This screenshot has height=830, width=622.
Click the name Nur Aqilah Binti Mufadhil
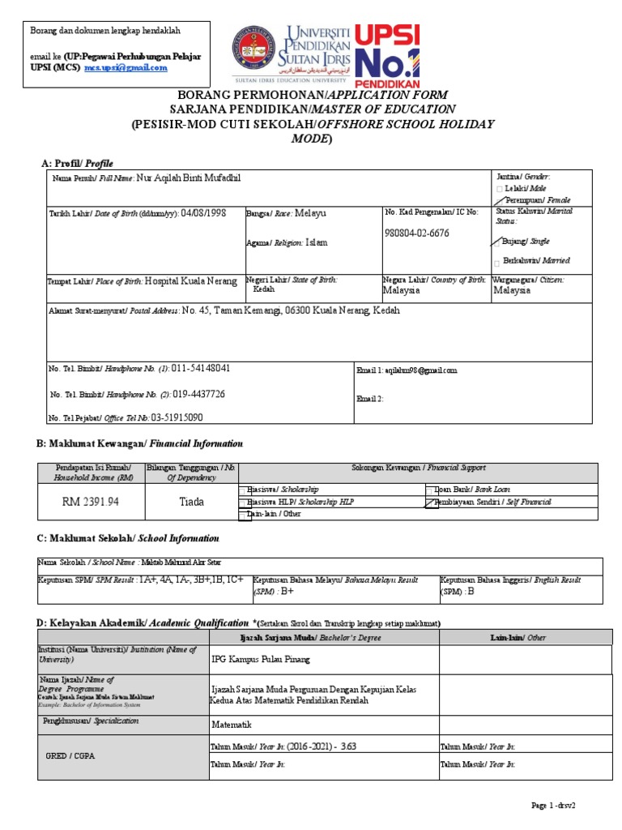click(189, 178)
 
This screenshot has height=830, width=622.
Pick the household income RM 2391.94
click(91, 502)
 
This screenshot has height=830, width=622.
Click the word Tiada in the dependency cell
click(191, 502)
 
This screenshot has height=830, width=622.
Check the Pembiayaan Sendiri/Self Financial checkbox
click(429, 502)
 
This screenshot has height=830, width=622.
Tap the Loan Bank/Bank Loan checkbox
click(429, 490)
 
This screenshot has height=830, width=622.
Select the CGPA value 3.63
click(349, 745)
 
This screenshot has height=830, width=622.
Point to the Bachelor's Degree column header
click(322, 638)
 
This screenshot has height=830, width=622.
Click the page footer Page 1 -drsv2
click(558, 806)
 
